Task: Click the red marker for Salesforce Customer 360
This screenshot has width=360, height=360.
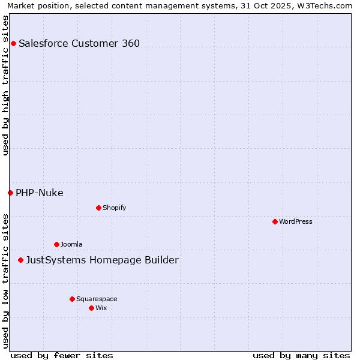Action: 13,43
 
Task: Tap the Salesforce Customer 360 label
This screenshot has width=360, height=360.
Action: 79,43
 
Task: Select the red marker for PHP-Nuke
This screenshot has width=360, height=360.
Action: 10,193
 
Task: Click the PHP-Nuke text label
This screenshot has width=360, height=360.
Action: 39,193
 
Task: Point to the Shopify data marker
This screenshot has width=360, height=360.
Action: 98,208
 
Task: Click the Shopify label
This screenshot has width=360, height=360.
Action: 114,208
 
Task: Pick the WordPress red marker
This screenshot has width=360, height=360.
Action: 275,221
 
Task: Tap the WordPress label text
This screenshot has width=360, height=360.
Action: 295,221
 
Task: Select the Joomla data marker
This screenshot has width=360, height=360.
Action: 56,244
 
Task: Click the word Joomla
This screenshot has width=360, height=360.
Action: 71,244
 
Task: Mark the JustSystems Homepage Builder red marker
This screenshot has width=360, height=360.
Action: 20,260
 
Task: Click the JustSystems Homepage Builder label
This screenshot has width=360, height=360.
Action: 102,260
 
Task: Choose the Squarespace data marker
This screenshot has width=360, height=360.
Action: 72,299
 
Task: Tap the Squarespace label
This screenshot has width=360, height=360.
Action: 97,299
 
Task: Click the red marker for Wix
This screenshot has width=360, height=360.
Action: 91,308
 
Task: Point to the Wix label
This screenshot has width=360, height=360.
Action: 101,308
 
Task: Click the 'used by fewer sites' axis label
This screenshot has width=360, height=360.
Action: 61,355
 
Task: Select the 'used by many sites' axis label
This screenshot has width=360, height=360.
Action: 301,355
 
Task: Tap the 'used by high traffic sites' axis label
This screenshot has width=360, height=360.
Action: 5,85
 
